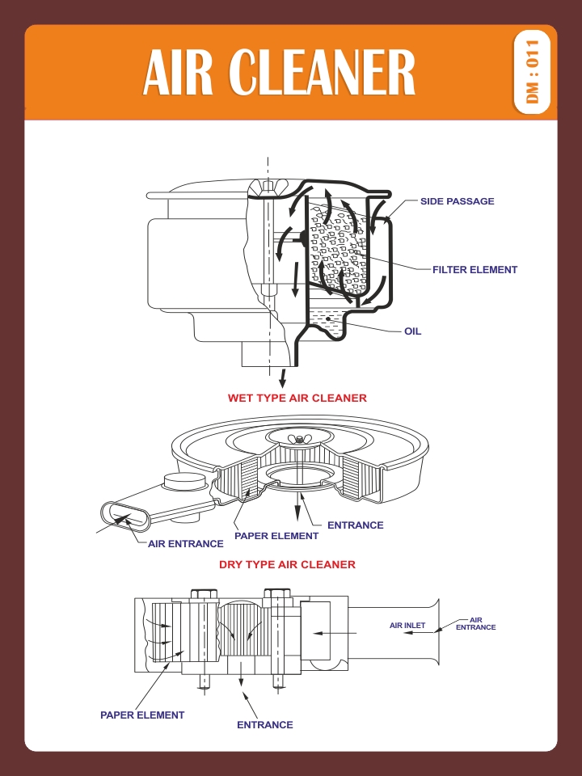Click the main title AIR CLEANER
coord(279,73)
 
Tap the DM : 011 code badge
coord(532,73)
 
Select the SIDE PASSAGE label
coord(457,201)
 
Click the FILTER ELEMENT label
coord(474,270)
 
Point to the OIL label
coord(412,331)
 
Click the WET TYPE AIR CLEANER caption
coord(297,398)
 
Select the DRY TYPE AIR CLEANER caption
coord(287,564)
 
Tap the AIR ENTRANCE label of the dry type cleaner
coord(185,544)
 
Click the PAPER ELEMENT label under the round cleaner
coord(276,535)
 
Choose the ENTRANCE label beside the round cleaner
coord(355,525)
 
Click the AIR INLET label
coord(407,626)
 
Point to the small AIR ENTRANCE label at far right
coord(476,623)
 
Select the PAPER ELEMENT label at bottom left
coord(142,715)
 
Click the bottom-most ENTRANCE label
coord(264,725)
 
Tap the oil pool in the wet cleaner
coord(331,319)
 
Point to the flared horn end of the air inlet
coord(436,630)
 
